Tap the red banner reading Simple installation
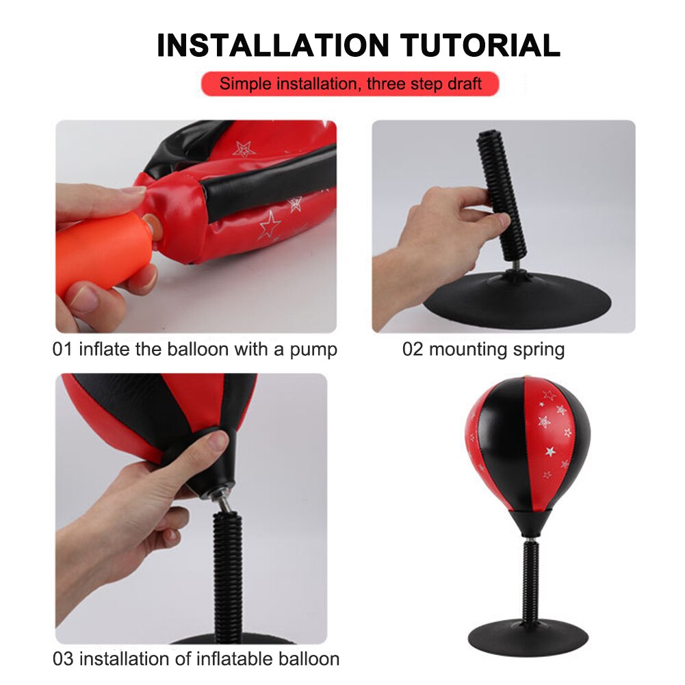point(350,84)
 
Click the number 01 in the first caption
point(62,350)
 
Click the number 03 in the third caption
point(63,659)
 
